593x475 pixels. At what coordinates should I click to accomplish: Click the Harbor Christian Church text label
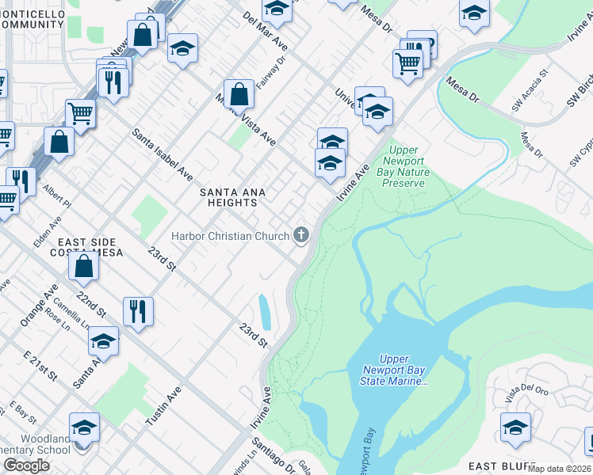pos(230,236)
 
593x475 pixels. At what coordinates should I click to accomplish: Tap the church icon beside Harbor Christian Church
pos(300,234)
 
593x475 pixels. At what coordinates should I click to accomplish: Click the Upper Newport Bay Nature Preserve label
pos(404,166)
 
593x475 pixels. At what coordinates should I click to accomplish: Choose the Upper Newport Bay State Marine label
pos(394,370)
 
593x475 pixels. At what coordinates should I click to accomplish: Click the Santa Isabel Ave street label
pos(163,154)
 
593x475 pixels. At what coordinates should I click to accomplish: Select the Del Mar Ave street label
pos(265,32)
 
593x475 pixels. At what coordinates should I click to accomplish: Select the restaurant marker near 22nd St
pos(138,310)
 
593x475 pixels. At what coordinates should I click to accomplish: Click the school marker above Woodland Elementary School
pos(84,427)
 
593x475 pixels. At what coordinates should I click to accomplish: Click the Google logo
pos(26,465)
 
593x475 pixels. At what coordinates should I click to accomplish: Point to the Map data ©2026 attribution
pos(560,469)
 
